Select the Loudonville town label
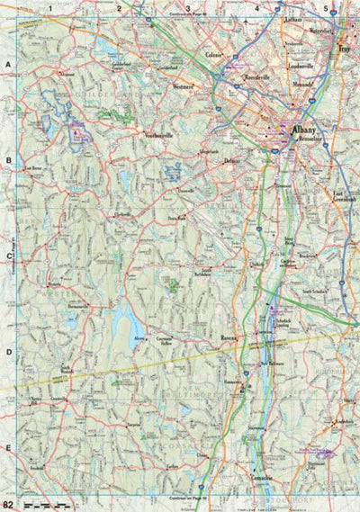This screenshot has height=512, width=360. [x=299, y=67]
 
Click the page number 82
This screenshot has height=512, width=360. [x=8, y=504]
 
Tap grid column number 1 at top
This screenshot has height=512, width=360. [x=51, y=7]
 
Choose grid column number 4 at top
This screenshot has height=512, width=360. [x=257, y=7]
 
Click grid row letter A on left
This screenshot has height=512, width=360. [x=7, y=66]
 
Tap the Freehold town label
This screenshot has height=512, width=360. [x=37, y=468]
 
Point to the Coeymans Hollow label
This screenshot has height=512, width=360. [x=164, y=340]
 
